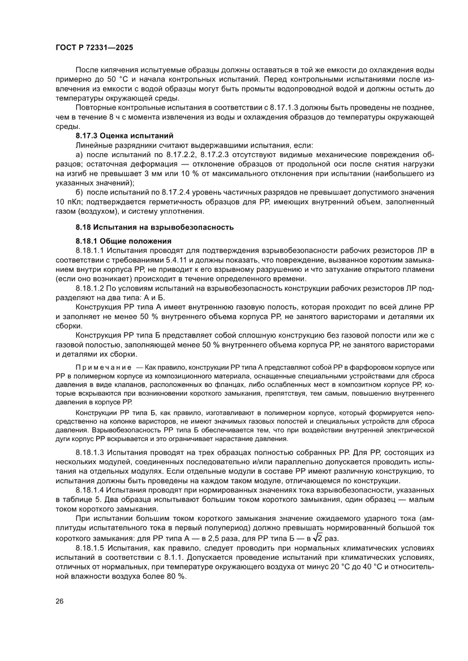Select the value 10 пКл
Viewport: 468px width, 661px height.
click(67, 202)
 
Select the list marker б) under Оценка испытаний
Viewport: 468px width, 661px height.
click(79, 193)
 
